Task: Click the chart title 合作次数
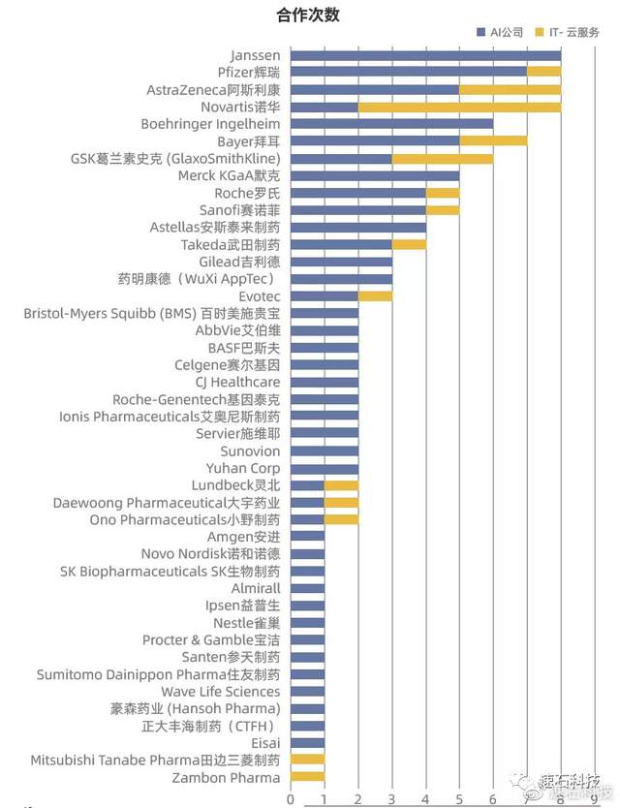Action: pyautogui.click(x=307, y=16)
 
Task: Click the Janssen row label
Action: pyautogui.click(x=256, y=55)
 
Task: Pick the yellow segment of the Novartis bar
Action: pyautogui.click(x=459, y=107)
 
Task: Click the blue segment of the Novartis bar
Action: pyautogui.click(x=325, y=107)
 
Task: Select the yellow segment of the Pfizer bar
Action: pyautogui.click(x=543, y=72)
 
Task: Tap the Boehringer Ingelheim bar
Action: pyautogui.click(x=391, y=124)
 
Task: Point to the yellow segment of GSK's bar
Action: pyautogui.click(x=443, y=158)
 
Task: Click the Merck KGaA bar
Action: pyautogui.click(x=375, y=175)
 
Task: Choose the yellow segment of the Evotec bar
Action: pyautogui.click(x=375, y=295)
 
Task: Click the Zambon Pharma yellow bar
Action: pyautogui.click(x=307, y=777)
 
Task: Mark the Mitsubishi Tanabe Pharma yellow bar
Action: pyautogui.click(x=307, y=760)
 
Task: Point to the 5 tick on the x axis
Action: pyautogui.click(x=459, y=799)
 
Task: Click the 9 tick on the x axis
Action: pyautogui.click(x=594, y=799)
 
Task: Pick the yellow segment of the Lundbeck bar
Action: pyautogui.click(x=341, y=484)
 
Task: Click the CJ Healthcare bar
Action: pyautogui.click(x=325, y=382)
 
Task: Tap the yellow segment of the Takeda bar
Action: pyautogui.click(x=409, y=244)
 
